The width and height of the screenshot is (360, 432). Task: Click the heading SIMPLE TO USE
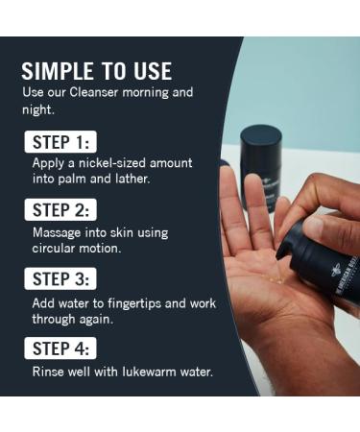96,71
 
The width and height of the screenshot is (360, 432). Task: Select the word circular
59,248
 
